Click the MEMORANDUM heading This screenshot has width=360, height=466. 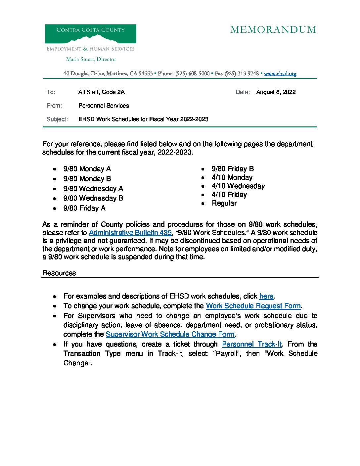(273, 30)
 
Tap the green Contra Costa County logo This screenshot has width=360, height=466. (90, 34)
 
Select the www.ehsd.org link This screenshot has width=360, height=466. (280, 73)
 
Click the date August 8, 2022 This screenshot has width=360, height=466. (276, 92)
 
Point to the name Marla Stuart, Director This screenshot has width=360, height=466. (91, 59)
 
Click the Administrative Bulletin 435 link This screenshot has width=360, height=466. (130, 233)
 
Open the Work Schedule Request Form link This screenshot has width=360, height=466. (253, 306)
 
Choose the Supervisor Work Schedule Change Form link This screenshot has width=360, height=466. (170, 334)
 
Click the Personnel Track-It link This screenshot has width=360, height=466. (252, 344)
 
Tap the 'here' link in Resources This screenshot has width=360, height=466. (266, 296)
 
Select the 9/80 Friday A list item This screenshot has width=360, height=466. (84, 208)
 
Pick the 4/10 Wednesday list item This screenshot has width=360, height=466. (238, 186)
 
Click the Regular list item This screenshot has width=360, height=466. (224, 203)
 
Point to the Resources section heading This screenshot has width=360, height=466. (59, 273)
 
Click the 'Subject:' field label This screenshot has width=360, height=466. (57, 119)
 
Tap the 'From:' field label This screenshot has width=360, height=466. (54, 106)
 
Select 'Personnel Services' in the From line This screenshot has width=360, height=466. (104, 106)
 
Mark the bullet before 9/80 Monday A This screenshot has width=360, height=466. (55, 169)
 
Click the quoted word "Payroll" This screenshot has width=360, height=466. (227, 353)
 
